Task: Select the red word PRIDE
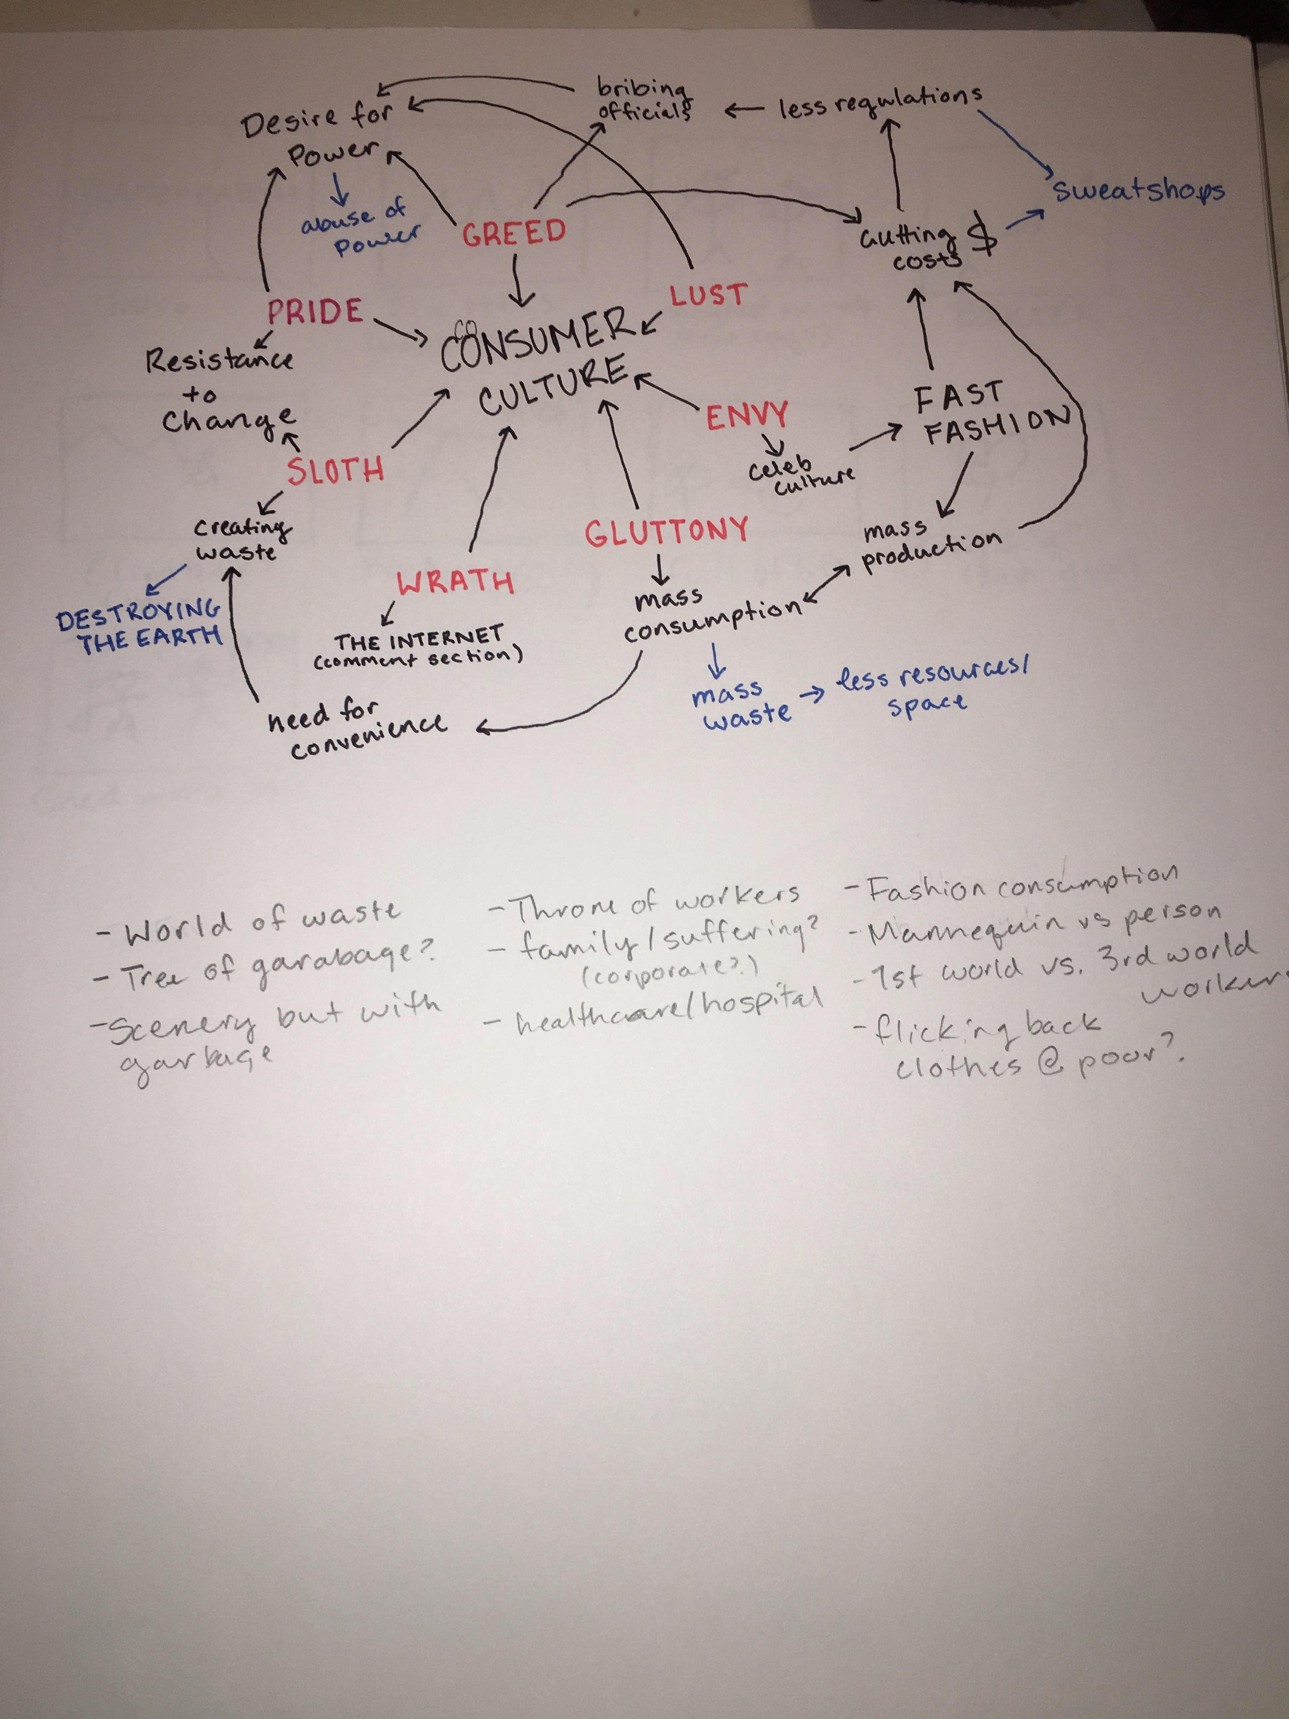coord(315,312)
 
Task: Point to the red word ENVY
coord(747,416)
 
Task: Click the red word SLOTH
coord(335,470)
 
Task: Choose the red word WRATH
coord(455,581)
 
